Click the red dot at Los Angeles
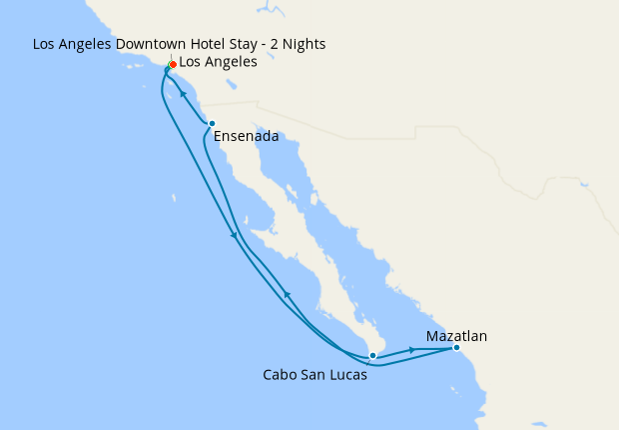(173, 64)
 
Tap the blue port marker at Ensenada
(212, 124)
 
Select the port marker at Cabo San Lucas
(372, 355)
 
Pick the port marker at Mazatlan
(456, 348)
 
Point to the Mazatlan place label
(456, 336)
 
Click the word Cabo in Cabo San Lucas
(280, 376)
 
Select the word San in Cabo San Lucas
(313, 376)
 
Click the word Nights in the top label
(303, 44)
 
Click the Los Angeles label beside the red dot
(218, 62)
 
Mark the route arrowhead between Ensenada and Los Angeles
(185, 95)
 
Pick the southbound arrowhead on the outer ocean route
(234, 236)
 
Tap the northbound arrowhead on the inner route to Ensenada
(288, 294)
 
